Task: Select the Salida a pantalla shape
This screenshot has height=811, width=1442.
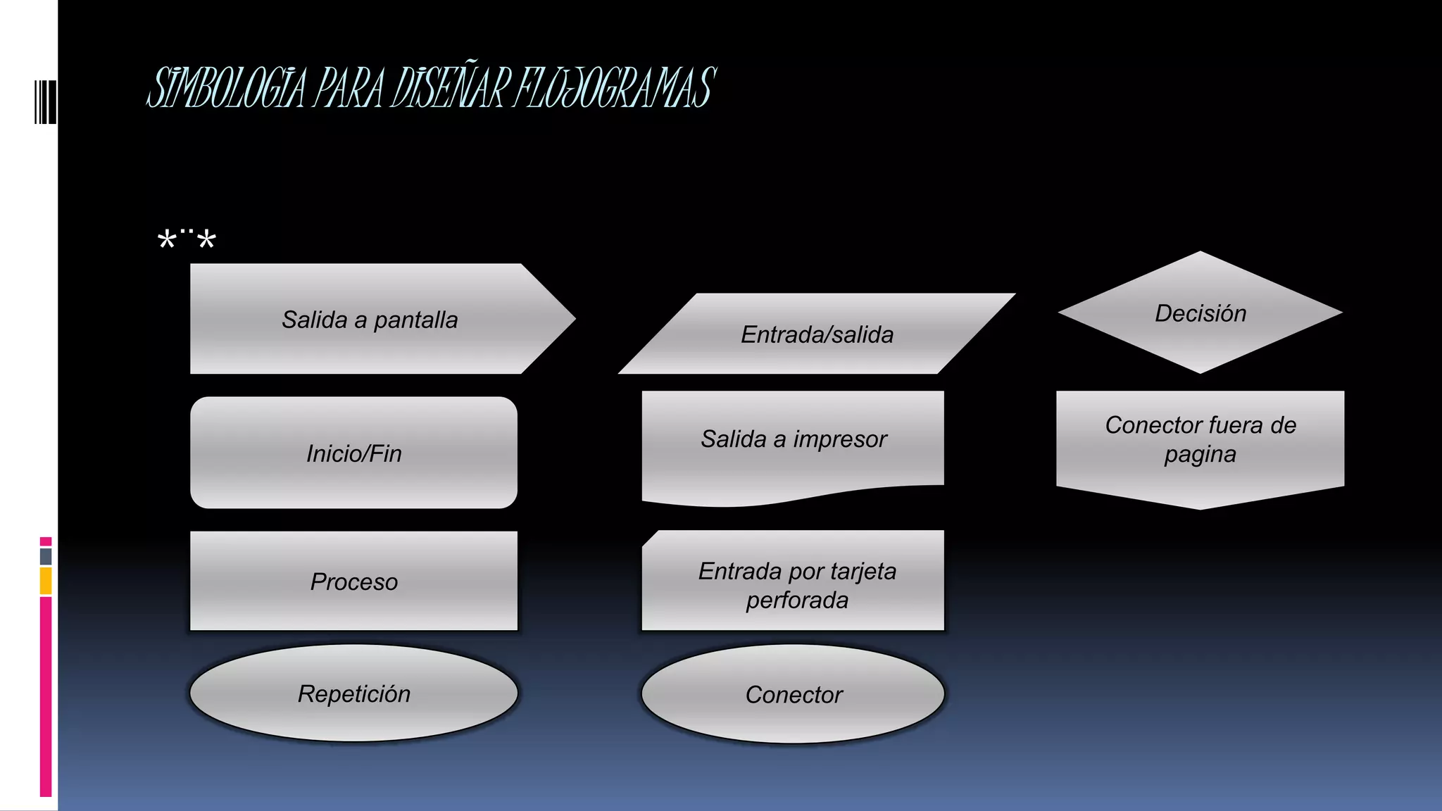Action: point(370,319)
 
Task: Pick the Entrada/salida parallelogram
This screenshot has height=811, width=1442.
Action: point(817,334)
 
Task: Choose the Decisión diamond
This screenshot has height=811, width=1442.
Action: point(1200,313)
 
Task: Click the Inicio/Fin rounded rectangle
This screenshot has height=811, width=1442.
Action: point(353,453)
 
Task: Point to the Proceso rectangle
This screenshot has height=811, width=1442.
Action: point(353,581)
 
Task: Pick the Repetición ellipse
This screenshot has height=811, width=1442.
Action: point(353,693)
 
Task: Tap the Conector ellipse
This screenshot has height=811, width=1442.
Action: point(793,694)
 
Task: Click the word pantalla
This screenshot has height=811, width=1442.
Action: point(415,320)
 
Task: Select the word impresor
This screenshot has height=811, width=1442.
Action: point(840,439)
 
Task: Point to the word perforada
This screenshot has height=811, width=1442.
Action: point(797,601)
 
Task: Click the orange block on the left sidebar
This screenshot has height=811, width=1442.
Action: point(46,581)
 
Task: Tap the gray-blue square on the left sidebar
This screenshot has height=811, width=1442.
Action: point(46,556)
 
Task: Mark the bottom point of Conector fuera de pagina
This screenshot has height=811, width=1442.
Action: point(1200,508)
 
